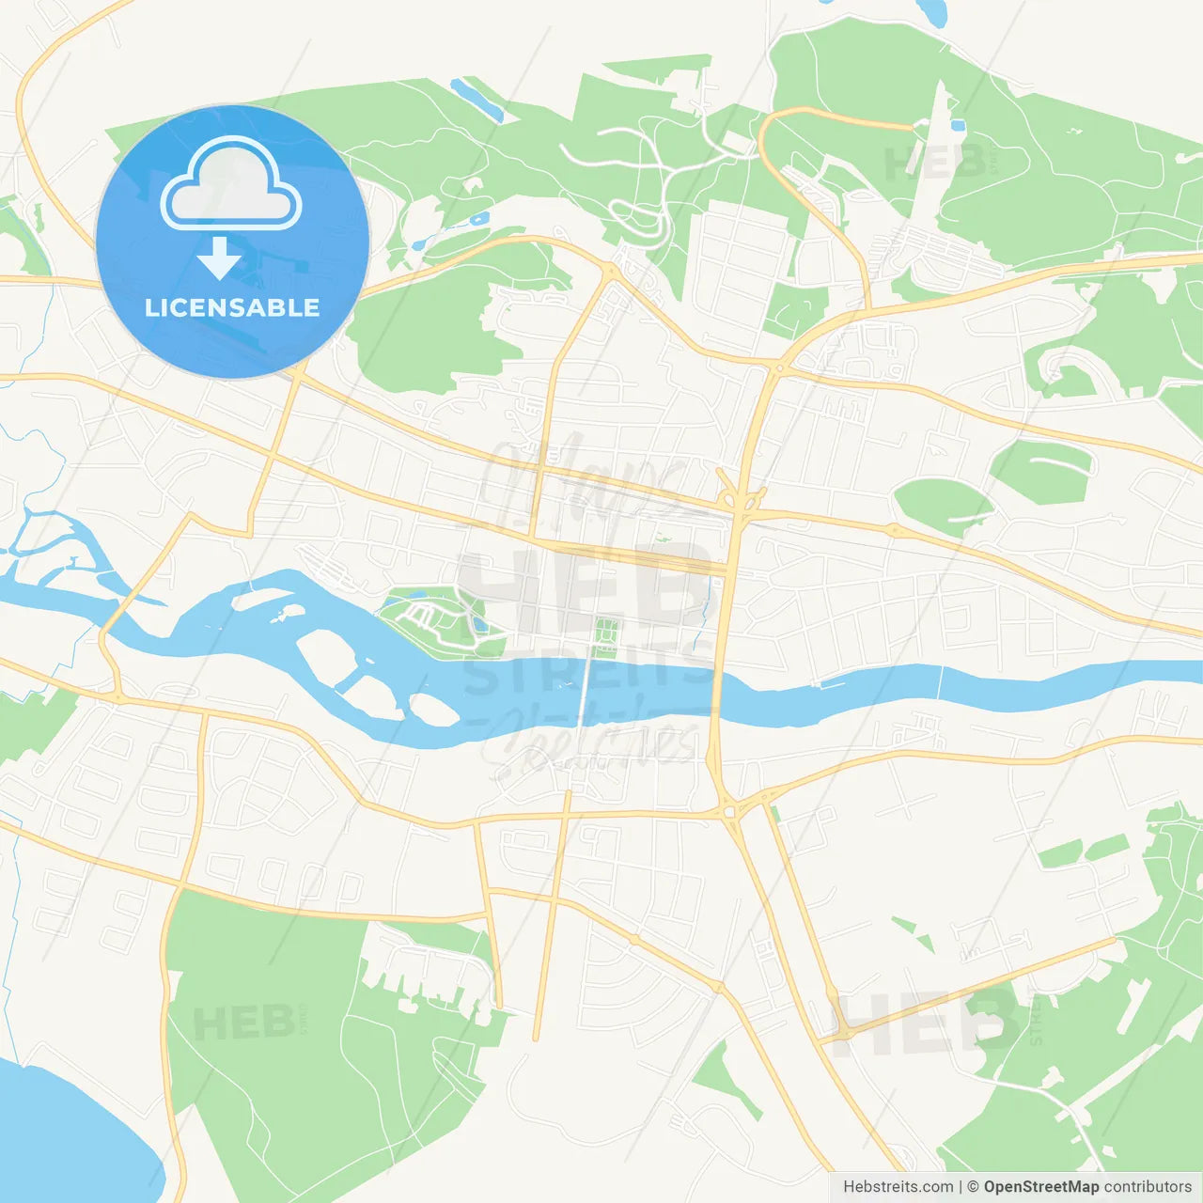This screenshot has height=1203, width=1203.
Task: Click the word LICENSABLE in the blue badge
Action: (232, 307)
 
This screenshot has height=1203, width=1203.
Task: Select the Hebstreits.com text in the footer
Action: (898, 1187)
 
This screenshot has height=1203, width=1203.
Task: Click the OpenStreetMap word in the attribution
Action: (1040, 1187)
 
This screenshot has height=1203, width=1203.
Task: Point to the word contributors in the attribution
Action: (1148, 1187)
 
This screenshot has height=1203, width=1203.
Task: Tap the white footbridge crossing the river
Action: (586, 691)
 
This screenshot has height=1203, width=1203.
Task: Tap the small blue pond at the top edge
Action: (932, 11)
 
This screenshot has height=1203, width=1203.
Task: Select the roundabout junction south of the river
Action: (728, 810)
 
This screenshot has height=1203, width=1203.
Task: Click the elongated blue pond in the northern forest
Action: (477, 99)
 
